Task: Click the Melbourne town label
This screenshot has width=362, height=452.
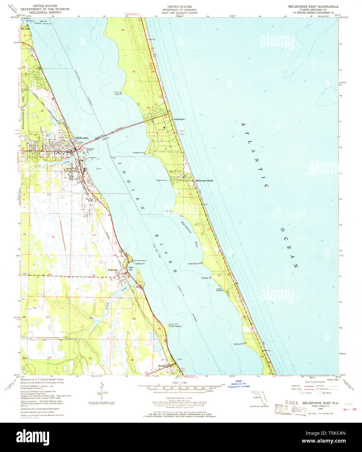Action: point(82,138)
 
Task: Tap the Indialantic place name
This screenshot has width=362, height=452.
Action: point(179,119)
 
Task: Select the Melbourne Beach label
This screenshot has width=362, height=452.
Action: point(204,180)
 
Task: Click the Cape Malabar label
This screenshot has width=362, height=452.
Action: point(176,326)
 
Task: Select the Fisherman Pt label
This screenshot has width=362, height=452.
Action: point(139,153)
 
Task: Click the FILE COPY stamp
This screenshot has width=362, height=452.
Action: point(291,408)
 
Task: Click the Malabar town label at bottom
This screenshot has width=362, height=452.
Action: point(162,366)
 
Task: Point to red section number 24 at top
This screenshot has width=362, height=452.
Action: point(123,30)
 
